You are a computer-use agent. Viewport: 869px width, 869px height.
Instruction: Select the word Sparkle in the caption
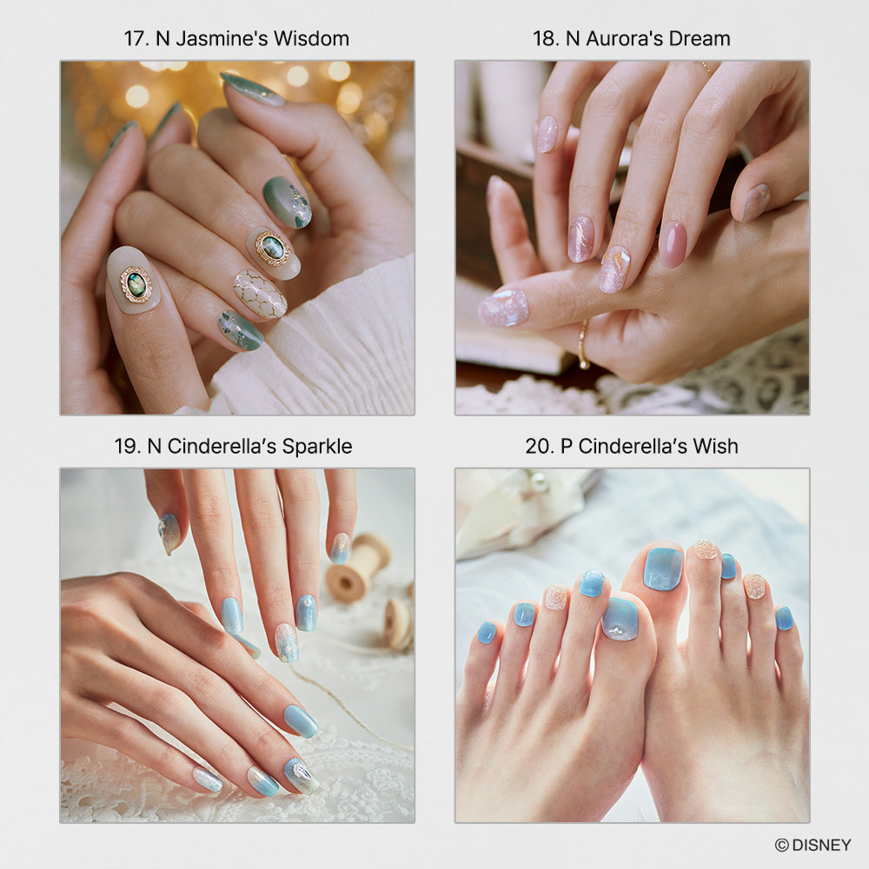click(317, 447)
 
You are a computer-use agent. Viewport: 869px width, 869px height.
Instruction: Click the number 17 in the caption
click(134, 39)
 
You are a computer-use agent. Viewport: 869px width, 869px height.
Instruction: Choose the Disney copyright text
click(813, 845)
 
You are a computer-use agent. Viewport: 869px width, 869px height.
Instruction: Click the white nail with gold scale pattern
click(260, 295)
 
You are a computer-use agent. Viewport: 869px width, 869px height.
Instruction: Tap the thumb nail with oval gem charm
click(133, 282)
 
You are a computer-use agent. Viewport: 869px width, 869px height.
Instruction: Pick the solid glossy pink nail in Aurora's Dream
click(673, 244)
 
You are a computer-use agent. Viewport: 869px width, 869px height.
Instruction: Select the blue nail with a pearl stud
click(307, 613)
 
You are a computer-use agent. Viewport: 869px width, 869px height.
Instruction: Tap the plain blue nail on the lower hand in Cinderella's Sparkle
click(301, 720)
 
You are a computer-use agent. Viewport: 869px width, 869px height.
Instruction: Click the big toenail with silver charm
click(620, 619)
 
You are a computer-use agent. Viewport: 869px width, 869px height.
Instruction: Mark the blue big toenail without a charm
click(663, 568)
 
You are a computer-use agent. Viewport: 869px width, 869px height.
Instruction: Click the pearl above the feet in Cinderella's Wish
click(538, 482)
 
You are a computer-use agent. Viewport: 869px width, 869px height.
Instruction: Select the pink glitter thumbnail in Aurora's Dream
click(503, 308)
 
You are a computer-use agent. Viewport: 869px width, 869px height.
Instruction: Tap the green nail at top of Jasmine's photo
click(252, 90)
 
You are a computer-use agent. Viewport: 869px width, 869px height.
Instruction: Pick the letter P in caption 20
click(567, 447)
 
